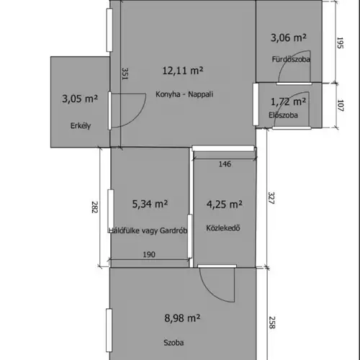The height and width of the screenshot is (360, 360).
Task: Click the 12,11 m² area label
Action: pos(183,71)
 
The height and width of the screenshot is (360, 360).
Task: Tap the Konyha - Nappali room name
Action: pos(184,94)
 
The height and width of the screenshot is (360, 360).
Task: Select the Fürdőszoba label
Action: pos(291,59)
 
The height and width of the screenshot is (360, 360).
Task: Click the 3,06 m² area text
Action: pos(289,37)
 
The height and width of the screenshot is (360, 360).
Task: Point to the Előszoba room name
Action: pos(283,115)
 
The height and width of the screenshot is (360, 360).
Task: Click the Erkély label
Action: pos(81,126)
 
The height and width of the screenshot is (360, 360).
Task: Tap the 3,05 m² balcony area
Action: pos(80,99)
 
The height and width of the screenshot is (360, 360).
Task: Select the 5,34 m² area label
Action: pos(150,204)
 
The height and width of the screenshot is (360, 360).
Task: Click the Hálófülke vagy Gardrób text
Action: pos(148,230)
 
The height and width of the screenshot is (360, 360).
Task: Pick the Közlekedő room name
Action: pos(223,228)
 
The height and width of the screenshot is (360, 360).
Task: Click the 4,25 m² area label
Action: pos(225,204)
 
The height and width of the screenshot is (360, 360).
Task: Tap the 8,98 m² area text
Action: pos(182,318)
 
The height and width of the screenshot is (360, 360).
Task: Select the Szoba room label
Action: pos(174,343)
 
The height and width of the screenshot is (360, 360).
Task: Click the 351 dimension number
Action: pos(125,73)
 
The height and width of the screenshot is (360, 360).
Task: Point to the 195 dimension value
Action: pos(340,43)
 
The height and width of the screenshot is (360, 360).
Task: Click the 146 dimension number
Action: pos(225,164)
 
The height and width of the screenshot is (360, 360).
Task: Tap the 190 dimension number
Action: pos(149,254)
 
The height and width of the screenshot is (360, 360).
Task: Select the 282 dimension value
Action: pos(95,207)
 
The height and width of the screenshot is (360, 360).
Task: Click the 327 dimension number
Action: pos(271,198)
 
